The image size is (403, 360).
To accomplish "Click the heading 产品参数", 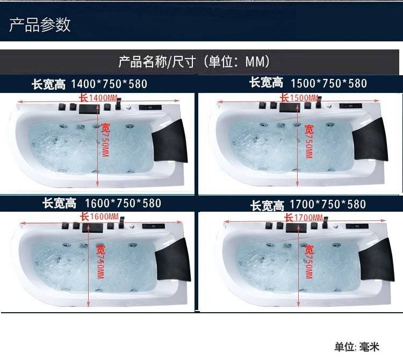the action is point(40,25).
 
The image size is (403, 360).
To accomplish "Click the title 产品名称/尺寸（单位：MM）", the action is point(194,62).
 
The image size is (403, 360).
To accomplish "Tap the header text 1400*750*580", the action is point(109,84).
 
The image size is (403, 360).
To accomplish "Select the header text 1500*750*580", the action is point(329,83).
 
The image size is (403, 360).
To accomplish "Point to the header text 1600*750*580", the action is point(123,203).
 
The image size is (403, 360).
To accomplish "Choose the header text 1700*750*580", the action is point(328,204).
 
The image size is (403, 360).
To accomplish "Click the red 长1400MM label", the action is point(98,98).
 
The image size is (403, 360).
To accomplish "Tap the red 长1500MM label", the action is point(299,98).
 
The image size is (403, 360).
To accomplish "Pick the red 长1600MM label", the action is point(99,217).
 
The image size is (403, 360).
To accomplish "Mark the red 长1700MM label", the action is point(304,218).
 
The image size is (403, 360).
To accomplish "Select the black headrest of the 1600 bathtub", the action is point(173,260).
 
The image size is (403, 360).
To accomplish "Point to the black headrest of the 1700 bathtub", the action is point(377,260).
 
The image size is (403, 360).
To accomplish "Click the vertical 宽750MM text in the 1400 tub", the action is point(105,140).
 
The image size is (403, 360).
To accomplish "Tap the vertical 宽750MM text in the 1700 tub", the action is point(308,262).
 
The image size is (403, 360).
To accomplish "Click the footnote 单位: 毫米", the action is point(357,347).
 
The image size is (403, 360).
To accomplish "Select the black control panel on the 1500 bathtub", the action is point(350,106).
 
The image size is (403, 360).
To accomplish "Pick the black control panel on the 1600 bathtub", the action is point(154,226).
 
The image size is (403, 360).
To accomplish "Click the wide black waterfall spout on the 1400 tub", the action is point(89,109).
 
